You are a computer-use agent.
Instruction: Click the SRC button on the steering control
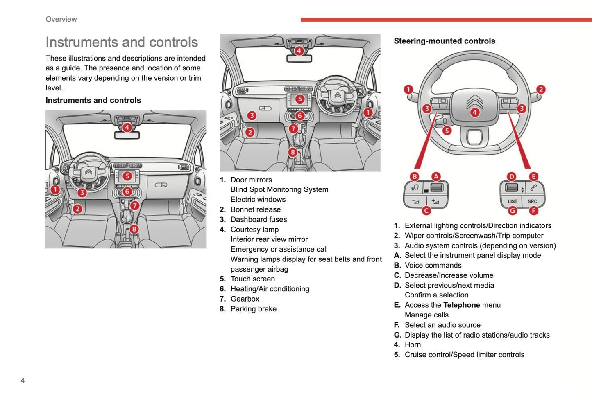tap(532, 201)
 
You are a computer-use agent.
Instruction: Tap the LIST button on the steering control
tap(512, 201)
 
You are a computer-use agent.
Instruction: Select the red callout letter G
tap(513, 211)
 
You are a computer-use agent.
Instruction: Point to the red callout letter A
tap(436, 176)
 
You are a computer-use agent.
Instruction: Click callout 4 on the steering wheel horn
tap(474, 112)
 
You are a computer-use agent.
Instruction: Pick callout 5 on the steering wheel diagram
tap(447, 131)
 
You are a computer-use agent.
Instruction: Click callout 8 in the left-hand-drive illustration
tap(134, 229)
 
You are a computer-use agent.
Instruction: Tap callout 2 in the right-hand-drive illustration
tap(250, 132)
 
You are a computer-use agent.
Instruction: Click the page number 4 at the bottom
tap(23, 380)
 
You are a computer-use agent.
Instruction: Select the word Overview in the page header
tap(61, 19)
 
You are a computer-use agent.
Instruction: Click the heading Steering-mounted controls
tap(445, 41)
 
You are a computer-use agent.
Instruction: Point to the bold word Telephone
tap(461, 305)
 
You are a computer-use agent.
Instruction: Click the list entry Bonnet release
tap(255, 209)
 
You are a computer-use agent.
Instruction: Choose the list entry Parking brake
tap(253, 309)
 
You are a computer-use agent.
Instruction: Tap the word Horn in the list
tap(413, 345)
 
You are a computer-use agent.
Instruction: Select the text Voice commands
tap(433, 266)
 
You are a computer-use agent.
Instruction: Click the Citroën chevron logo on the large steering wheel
tap(474, 101)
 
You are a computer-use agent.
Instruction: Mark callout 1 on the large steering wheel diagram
tap(408, 89)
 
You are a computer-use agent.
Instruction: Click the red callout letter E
tap(533, 176)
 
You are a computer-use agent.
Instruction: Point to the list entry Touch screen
tap(252, 279)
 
